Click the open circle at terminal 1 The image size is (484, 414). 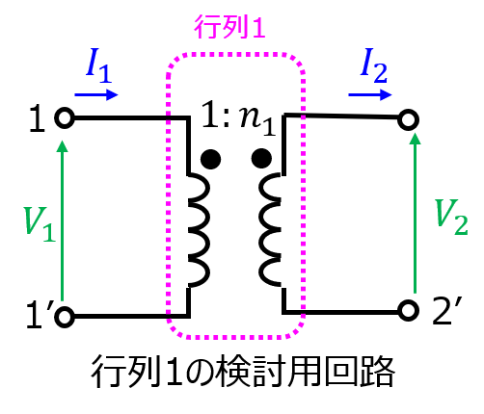coord(65,117)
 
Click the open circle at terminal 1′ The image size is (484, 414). coord(65,317)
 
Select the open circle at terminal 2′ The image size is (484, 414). coord(408,311)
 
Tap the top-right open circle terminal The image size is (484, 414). coord(408,119)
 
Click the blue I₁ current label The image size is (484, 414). coord(98,65)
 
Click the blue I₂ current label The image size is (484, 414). coord(373,65)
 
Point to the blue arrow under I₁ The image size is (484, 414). coord(96,94)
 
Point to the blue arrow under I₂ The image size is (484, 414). coord(370,94)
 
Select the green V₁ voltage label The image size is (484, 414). coord(40,224)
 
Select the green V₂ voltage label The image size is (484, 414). coord(451,217)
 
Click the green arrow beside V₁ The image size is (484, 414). coord(62,220)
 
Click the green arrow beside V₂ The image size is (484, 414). coord(416,214)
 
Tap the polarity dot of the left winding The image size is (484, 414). coord(210,159)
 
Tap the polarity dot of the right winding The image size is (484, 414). coord(261,158)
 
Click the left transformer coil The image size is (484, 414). coord(199,230)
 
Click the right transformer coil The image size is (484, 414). coord(271,229)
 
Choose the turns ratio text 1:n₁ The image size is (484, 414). coord(238,118)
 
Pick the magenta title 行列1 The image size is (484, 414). coord(229,27)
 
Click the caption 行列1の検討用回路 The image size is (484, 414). coord(243,372)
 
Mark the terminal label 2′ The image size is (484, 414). coord(446,311)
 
